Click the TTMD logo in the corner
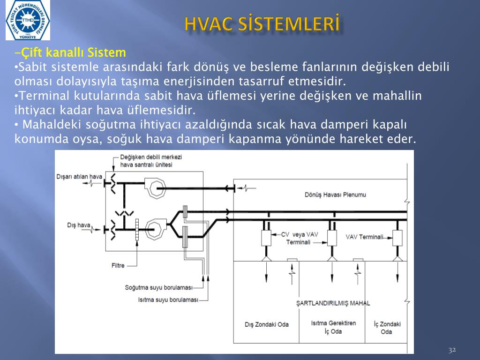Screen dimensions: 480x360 click(28, 20)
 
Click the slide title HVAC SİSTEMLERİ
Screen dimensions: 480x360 click(262, 24)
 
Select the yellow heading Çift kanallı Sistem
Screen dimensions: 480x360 click(70, 52)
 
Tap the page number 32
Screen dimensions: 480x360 click(452, 350)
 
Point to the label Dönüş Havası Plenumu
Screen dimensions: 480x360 click(335, 195)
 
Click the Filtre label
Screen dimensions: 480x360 click(118, 265)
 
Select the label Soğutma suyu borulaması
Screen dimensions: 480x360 click(158, 288)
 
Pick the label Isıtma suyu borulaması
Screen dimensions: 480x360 click(168, 300)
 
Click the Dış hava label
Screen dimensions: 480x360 click(79, 225)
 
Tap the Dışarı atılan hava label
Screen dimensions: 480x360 click(79, 177)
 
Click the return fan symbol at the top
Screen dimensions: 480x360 click(155, 187)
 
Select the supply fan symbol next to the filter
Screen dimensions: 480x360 click(156, 229)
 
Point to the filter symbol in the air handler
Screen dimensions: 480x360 click(137, 229)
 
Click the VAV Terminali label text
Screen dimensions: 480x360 click(364, 237)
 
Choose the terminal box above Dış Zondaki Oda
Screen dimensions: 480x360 click(266, 238)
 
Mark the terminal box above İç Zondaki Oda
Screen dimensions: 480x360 click(397, 238)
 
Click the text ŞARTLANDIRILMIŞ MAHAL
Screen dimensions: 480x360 click(333, 303)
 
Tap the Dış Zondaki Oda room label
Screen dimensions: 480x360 click(267, 324)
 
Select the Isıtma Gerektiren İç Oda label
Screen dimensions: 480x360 click(333, 327)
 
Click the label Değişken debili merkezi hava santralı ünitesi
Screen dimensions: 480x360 click(150, 161)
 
